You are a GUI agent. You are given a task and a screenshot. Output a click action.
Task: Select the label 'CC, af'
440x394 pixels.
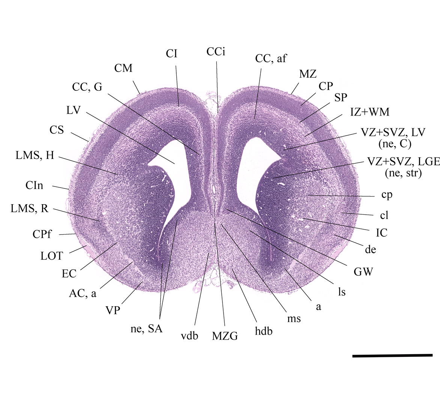(x=271, y=59)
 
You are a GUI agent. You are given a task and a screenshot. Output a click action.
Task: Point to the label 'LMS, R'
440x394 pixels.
(x=29, y=209)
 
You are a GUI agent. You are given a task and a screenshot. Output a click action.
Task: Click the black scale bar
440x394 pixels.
(x=392, y=355)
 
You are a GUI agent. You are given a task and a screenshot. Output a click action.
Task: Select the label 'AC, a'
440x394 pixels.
(x=83, y=293)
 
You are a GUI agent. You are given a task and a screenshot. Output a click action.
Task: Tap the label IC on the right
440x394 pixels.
(x=382, y=233)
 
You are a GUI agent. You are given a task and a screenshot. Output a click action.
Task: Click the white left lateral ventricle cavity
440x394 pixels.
(x=180, y=165)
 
